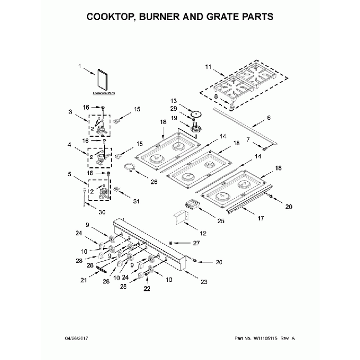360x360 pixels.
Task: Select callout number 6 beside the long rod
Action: [x=269, y=118]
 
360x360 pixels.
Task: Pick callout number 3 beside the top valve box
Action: [x=70, y=112]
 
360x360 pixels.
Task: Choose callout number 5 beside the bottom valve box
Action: [x=70, y=174]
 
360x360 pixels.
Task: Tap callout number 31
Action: [x=136, y=201]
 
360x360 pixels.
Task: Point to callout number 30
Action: [x=102, y=213]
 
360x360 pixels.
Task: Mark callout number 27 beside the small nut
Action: [x=196, y=243]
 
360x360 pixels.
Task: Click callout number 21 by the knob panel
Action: [x=84, y=280]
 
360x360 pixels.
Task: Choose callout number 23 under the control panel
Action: [x=203, y=282]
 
